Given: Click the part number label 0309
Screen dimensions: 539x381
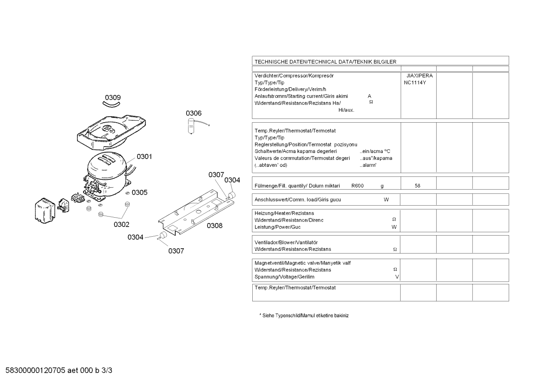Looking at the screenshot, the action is coord(113,98).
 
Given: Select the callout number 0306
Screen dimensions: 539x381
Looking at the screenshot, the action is coord(194,113).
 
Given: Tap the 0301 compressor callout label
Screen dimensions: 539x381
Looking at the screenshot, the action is coord(144,157).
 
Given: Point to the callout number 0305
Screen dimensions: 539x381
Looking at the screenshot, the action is coord(139,193).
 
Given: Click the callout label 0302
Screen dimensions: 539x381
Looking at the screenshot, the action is coord(121,225).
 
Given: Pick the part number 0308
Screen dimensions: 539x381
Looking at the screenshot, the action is coord(215,226).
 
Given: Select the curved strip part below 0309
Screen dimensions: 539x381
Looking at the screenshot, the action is coord(111,104).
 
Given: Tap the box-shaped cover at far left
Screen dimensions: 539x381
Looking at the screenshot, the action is coord(45,211).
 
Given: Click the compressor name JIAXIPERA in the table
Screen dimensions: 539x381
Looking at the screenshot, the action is coord(420,76).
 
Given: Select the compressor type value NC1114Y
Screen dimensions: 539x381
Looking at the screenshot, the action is coord(415,83).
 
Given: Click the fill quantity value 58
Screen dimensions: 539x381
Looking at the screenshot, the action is coord(418,186).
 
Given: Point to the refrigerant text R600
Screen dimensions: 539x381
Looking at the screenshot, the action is coord(358,186).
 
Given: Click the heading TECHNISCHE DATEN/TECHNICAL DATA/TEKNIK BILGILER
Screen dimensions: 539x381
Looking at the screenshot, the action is coord(326,62).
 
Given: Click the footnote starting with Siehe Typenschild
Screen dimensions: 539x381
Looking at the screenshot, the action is coord(304,316).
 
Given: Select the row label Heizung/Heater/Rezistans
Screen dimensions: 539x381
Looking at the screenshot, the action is coord(284,213).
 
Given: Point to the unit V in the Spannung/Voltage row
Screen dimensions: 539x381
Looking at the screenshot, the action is coord(397,277).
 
